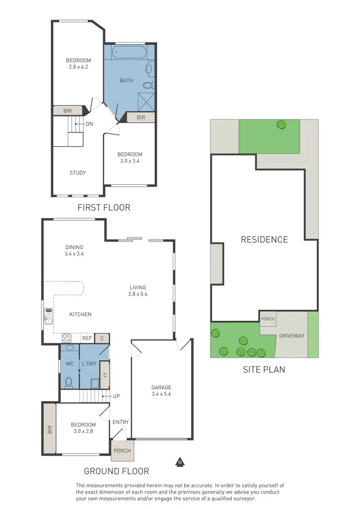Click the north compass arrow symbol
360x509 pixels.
180,462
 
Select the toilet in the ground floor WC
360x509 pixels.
69,382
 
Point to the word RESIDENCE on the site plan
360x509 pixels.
264,239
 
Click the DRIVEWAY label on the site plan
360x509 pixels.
292,336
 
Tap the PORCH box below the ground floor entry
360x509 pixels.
121,451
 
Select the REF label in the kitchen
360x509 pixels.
87,338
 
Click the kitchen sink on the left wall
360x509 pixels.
48,316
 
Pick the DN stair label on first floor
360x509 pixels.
89,124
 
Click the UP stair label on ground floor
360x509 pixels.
116,396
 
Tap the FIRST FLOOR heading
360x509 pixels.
104,208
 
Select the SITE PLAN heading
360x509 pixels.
264,369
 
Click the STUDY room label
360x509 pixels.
77,173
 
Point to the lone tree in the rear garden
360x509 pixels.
280,125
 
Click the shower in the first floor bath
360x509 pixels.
146,101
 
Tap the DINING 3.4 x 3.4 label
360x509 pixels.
74,250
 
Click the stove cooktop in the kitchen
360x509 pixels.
67,337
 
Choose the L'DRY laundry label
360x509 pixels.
89,364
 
